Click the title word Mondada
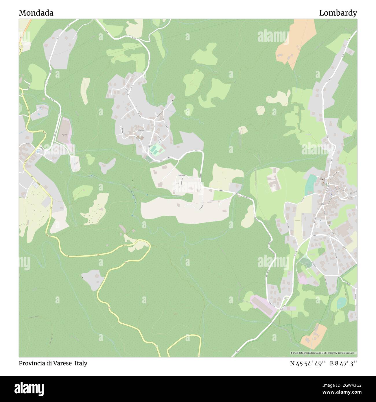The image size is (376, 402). (36, 13)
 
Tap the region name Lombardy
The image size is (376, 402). (338, 13)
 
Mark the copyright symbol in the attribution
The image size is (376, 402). (292, 353)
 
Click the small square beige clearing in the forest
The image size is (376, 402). (243, 130)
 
